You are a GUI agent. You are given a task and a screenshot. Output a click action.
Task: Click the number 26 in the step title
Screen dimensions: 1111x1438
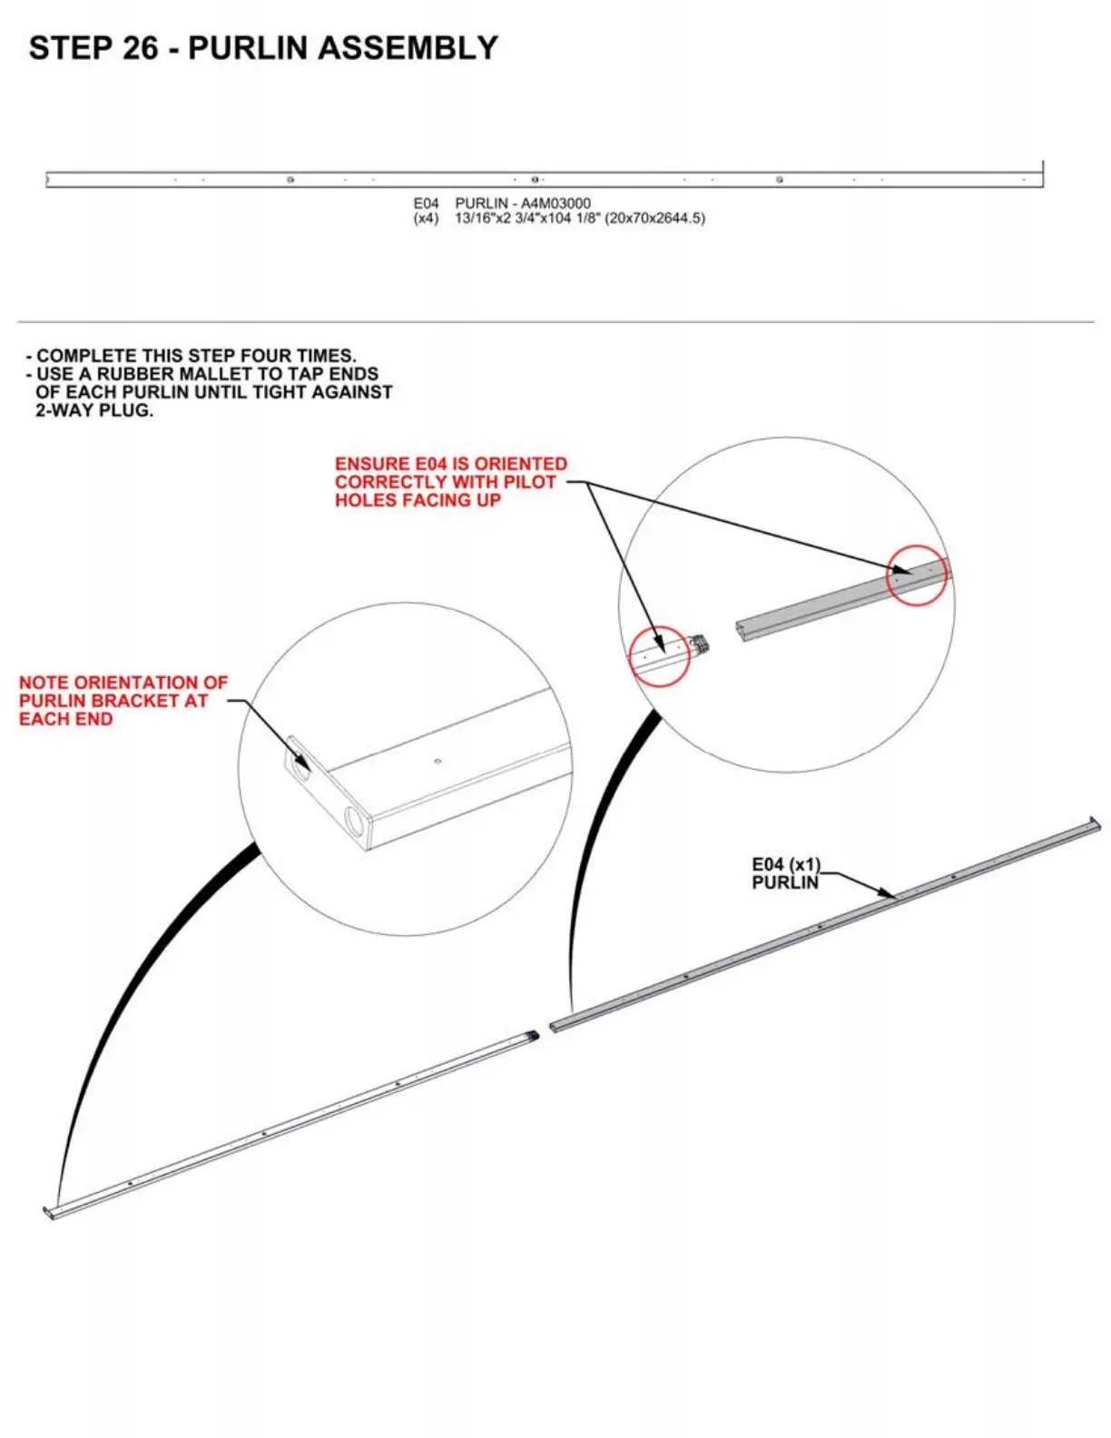[140, 48]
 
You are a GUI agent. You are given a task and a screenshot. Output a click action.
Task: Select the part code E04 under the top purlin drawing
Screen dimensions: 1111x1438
[426, 203]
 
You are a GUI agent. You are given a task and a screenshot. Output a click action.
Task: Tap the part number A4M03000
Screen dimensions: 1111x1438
[555, 203]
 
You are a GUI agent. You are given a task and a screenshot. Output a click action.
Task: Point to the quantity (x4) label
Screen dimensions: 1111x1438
[426, 218]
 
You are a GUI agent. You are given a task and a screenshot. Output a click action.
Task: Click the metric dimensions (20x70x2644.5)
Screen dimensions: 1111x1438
[654, 218]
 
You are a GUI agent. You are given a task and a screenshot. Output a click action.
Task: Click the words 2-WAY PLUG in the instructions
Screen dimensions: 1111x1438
[94, 410]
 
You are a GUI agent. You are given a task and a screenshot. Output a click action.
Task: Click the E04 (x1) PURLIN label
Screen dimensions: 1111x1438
[786, 873]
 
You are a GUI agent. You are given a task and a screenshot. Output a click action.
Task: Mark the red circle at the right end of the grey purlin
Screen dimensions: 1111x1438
[916, 575]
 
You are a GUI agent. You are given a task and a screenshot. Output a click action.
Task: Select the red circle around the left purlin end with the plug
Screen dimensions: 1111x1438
[659, 655]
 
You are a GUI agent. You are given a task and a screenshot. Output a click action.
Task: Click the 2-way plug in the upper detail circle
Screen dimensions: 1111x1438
[698, 645]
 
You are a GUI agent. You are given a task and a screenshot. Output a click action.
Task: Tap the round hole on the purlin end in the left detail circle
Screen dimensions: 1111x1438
[355, 823]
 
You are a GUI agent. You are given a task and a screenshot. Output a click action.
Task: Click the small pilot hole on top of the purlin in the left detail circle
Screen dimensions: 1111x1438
[438, 762]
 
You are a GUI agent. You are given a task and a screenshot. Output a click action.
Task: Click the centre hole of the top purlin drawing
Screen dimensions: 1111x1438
[536, 180]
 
